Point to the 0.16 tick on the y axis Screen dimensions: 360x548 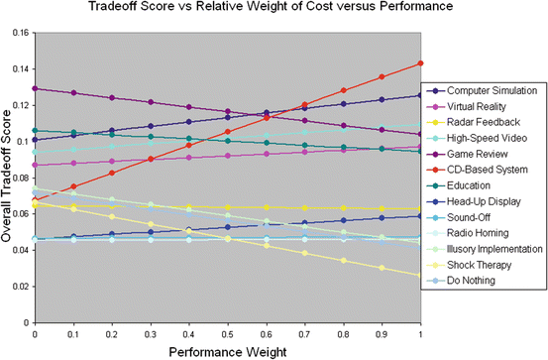click(22, 32)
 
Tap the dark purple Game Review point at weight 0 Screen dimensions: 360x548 click(36, 88)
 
